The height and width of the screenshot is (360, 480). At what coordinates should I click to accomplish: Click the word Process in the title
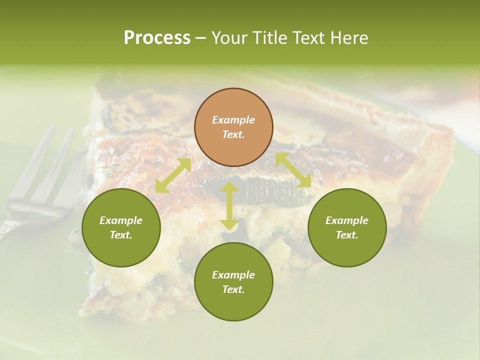pyautogui.click(x=157, y=38)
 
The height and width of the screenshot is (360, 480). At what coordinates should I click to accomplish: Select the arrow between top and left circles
pyautogui.click(x=173, y=175)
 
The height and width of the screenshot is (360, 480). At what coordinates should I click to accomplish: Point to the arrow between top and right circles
pyautogui.click(x=293, y=170)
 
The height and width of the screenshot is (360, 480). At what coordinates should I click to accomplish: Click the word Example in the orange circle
pyautogui.click(x=233, y=120)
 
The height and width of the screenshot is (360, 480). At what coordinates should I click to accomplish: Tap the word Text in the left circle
pyautogui.click(x=121, y=235)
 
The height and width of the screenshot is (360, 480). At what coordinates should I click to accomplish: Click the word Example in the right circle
pyautogui.click(x=347, y=220)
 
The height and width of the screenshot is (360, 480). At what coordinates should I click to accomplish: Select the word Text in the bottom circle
pyautogui.click(x=233, y=289)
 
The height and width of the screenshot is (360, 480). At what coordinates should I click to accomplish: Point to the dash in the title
pyautogui.click(x=200, y=38)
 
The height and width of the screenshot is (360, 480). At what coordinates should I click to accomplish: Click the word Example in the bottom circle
pyautogui.click(x=233, y=275)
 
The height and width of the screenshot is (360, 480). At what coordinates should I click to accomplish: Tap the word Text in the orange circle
pyautogui.click(x=233, y=134)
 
